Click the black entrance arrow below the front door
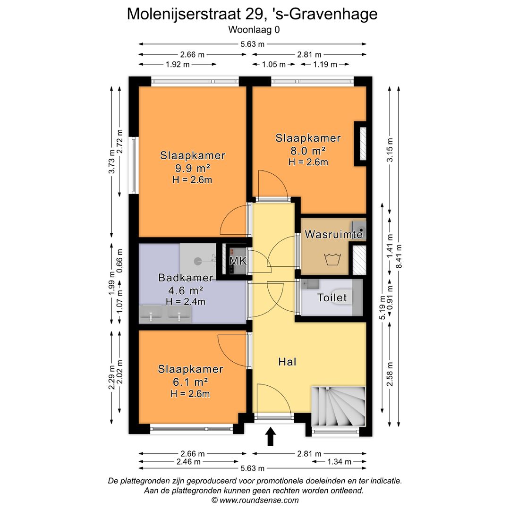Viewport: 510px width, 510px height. click(x=271, y=436)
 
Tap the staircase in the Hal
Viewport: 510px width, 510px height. click(x=338, y=406)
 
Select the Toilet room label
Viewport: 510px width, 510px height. click(x=332, y=298)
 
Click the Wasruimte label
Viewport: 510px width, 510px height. click(x=333, y=234)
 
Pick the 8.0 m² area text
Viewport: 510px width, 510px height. click(x=308, y=151)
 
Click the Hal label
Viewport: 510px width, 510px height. click(x=287, y=362)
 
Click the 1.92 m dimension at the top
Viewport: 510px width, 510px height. click(x=178, y=65)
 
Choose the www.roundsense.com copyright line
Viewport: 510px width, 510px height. click(x=255, y=500)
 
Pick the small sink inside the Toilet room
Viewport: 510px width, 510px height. click(x=311, y=284)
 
